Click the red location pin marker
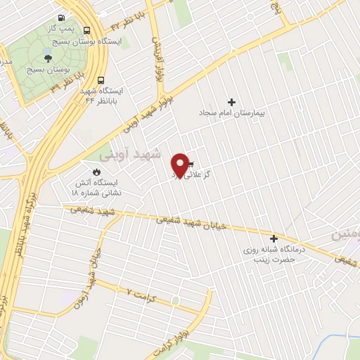click(x=181, y=165)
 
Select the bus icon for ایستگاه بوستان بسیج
click(x=87, y=31)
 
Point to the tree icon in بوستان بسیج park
click(x=48, y=58)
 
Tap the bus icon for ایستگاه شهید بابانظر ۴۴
click(x=101, y=80)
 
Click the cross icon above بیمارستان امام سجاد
click(x=231, y=101)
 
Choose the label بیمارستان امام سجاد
click(x=231, y=112)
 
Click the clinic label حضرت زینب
click(x=262, y=259)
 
